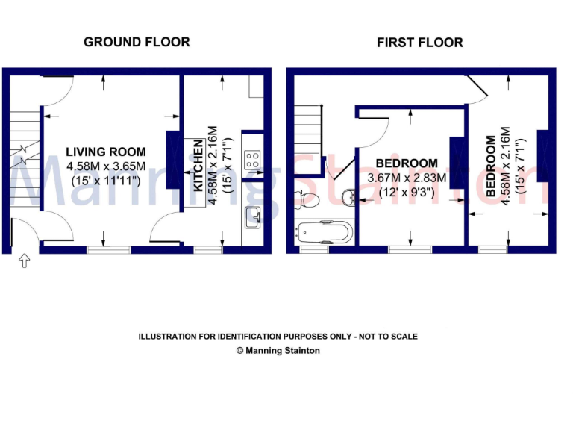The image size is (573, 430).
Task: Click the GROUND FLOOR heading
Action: (137, 42)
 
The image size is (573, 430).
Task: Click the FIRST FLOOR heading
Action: (419, 43)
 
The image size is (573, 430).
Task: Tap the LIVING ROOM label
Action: (105, 152)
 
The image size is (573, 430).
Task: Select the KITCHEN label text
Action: (199, 166)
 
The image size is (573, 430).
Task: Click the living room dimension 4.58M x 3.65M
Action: (105, 166)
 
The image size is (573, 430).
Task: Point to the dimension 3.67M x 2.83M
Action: (407, 178)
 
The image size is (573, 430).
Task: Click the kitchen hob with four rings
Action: (253, 158)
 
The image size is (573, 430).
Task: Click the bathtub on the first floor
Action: (323, 231)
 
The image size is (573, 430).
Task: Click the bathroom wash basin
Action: (348, 196)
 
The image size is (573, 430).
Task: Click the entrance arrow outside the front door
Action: (23, 261)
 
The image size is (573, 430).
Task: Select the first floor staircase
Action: (308, 138)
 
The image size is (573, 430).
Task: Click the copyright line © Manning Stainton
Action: (278, 350)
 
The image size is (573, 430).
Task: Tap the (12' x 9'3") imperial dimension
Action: (407, 191)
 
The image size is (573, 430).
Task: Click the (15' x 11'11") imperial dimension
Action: (105, 180)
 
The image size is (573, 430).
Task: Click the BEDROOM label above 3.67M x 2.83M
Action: (407, 163)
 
